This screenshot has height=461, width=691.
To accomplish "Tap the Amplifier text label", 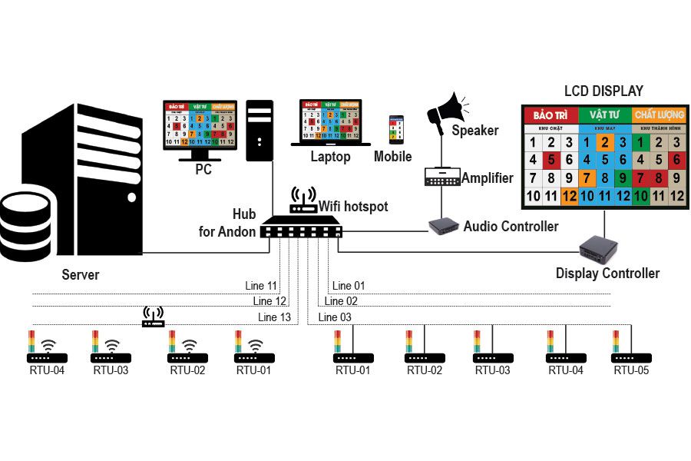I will [x=488, y=178].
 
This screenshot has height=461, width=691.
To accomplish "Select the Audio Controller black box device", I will [x=442, y=226].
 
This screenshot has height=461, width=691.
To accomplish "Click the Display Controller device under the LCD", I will [x=598, y=248].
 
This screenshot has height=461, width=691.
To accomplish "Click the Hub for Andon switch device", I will [x=300, y=228].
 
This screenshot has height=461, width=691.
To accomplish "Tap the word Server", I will [x=81, y=274].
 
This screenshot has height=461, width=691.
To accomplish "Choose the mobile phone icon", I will [x=395, y=131].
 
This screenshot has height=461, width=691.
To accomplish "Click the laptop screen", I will [x=330, y=119].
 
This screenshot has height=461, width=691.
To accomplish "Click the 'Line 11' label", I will [x=263, y=287].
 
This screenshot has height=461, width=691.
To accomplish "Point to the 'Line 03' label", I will [x=335, y=317].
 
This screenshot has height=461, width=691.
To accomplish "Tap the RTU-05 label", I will [x=631, y=370].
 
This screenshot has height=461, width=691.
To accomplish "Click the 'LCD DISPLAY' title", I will [x=603, y=91].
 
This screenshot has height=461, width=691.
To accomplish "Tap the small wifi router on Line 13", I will [x=154, y=317].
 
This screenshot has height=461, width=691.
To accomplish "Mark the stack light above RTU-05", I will [x=616, y=342].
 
